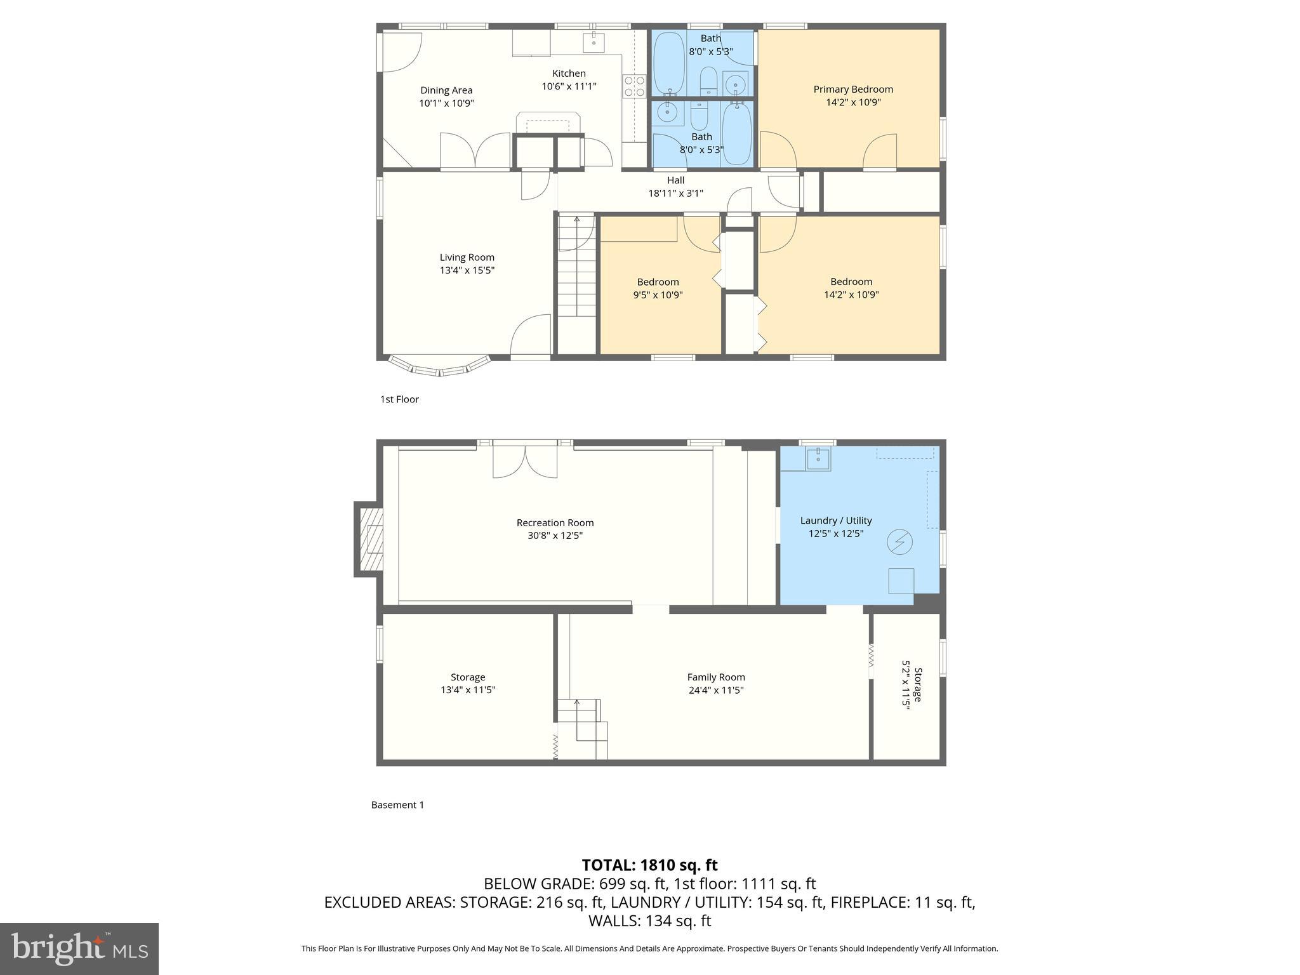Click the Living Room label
[x=467, y=257]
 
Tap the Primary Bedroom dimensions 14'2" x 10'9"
[x=852, y=102]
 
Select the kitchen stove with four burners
[x=634, y=86]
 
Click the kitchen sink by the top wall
[x=594, y=43]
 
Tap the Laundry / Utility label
[x=835, y=521]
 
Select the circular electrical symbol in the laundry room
[x=899, y=541]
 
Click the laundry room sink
[x=818, y=458]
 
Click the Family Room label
[x=715, y=677]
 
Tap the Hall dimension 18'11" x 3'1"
[x=675, y=194]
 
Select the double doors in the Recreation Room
[x=525, y=462]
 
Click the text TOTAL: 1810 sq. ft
[x=649, y=865]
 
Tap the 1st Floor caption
[x=399, y=399]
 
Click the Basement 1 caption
[x=397, y=805]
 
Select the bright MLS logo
[x=79, y=948]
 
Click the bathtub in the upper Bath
[x=668, y=63]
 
